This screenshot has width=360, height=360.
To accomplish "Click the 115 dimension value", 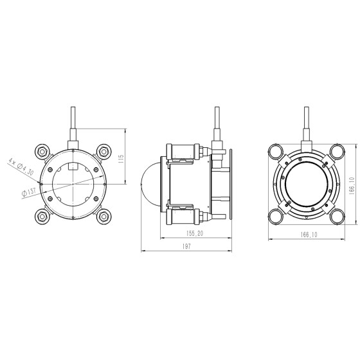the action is pos(122,159).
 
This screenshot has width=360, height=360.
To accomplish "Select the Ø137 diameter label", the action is pos(29,192).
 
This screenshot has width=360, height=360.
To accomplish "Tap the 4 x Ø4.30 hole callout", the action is pos(21,166).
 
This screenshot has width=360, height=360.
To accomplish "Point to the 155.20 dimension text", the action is pos(195,233).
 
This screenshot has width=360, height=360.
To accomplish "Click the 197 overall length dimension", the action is pos(186,246).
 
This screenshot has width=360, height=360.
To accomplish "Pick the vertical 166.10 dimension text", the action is pos(352,186).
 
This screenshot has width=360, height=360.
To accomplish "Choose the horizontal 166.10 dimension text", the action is pos(309,235).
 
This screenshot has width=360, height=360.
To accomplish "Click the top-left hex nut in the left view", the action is pos(42,151).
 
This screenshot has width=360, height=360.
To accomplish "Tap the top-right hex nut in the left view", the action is pos(104,151).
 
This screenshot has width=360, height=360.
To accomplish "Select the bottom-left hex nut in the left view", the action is pos(42,216).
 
